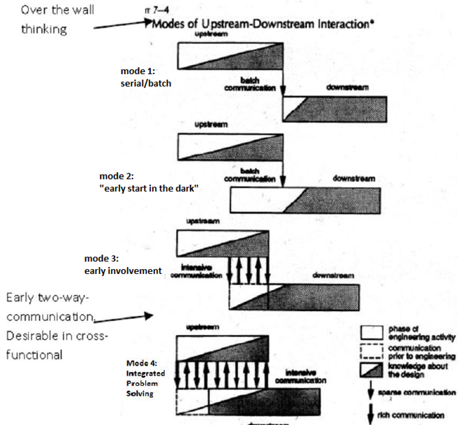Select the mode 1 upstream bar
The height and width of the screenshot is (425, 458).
(x=230, y=55)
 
